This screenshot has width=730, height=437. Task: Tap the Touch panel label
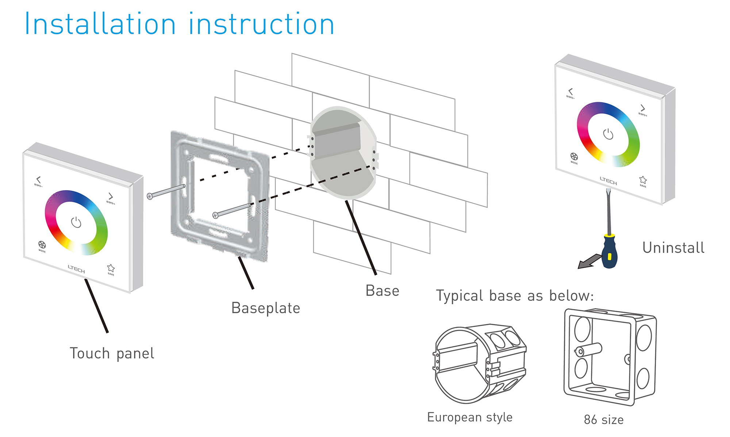112,353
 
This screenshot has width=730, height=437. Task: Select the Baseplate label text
265,308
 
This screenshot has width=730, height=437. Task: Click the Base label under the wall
382,291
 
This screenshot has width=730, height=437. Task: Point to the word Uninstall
673,248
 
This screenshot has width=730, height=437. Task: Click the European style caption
470,417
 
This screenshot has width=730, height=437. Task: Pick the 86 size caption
604,420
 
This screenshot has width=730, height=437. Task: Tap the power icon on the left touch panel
76,222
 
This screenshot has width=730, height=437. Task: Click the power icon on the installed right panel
608,134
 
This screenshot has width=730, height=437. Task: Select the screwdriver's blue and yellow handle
610,252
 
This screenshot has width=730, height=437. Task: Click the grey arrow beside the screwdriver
588,262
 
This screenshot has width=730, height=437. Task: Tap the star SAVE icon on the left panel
111,268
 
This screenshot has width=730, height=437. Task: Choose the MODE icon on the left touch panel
42,245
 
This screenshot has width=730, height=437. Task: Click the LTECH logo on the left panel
76,269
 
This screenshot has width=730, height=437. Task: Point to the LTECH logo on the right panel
608,180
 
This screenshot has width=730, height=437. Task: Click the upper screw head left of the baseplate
150,196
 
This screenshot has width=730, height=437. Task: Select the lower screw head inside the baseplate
215,215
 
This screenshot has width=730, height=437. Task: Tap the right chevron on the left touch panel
111,196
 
